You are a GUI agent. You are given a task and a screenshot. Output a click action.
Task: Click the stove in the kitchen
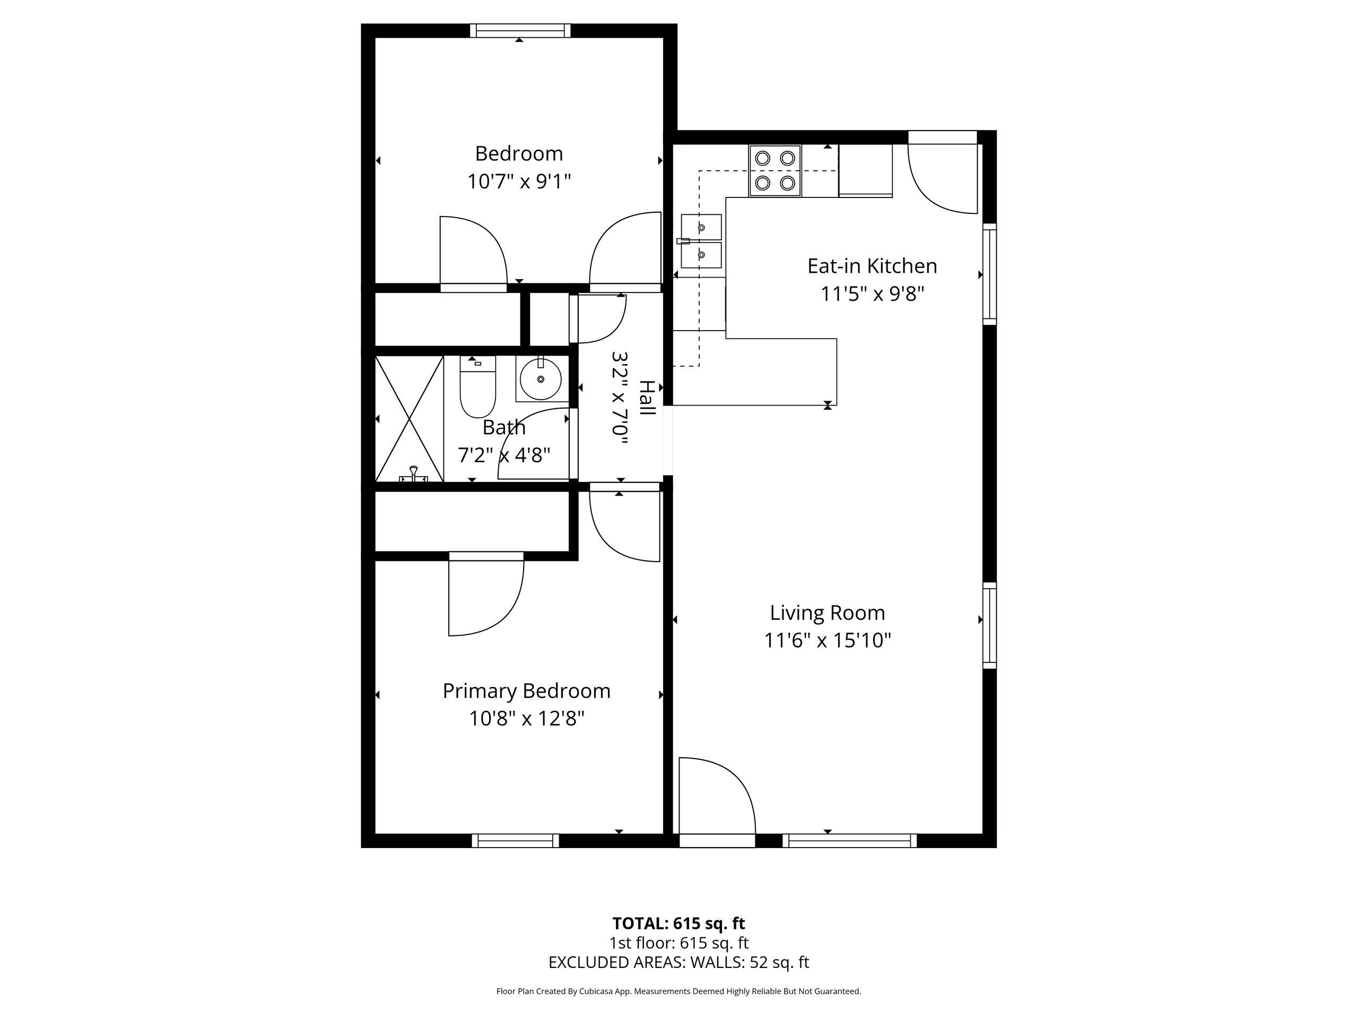[775, 171]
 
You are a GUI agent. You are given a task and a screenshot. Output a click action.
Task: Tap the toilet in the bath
[477, 387]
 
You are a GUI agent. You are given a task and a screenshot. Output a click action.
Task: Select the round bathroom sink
[540, 379]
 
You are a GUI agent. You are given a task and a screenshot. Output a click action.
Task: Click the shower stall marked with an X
[409, 419]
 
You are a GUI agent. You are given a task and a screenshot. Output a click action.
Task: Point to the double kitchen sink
[701, 241]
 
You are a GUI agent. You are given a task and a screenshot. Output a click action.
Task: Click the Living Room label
[828, 612]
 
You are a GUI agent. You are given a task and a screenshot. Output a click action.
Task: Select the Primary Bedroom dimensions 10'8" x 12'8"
[527, 718]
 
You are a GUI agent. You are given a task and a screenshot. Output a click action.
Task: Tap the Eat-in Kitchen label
[872, 266]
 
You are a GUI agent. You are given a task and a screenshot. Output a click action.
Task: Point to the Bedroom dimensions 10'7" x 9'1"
[519, 182]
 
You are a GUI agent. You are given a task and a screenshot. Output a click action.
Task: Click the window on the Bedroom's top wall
[520, 31]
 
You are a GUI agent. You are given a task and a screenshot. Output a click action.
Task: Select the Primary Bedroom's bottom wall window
[516, 840]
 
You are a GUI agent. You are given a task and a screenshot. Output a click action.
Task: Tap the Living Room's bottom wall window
[850, 840]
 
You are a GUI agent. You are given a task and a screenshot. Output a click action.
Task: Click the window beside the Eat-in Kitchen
[990, 274]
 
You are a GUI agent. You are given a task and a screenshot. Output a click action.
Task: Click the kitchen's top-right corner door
[942, 178]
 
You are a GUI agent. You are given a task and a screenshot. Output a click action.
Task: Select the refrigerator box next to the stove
[865, 171]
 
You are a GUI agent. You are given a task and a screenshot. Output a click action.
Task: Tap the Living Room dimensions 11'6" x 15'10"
[828, 641]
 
